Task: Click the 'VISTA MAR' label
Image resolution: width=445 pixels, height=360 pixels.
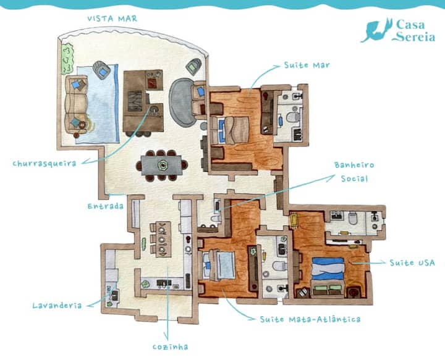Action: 112,19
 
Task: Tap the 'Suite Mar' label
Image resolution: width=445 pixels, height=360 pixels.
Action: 307,65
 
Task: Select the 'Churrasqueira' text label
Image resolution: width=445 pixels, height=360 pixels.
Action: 44,164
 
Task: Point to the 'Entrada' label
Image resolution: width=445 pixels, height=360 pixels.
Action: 105,206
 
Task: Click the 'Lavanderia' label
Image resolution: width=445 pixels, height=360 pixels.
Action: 57,306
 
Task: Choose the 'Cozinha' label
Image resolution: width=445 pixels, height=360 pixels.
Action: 171,346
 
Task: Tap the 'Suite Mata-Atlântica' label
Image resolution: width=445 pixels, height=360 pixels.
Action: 310,319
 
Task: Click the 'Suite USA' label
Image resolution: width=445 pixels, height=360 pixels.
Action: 412,263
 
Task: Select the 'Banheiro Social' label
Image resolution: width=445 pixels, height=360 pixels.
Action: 354,172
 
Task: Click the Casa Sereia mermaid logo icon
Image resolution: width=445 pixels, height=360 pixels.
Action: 376,30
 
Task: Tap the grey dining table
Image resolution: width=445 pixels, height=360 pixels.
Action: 161,165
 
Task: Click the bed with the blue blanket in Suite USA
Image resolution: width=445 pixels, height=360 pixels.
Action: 328,277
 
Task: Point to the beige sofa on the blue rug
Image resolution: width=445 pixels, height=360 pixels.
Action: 76,104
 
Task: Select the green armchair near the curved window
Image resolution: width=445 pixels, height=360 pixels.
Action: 193,67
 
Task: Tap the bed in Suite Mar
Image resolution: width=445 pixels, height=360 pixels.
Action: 230,130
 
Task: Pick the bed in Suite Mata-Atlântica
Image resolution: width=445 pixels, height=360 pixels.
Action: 219,266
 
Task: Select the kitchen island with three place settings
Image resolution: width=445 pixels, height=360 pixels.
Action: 161,239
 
